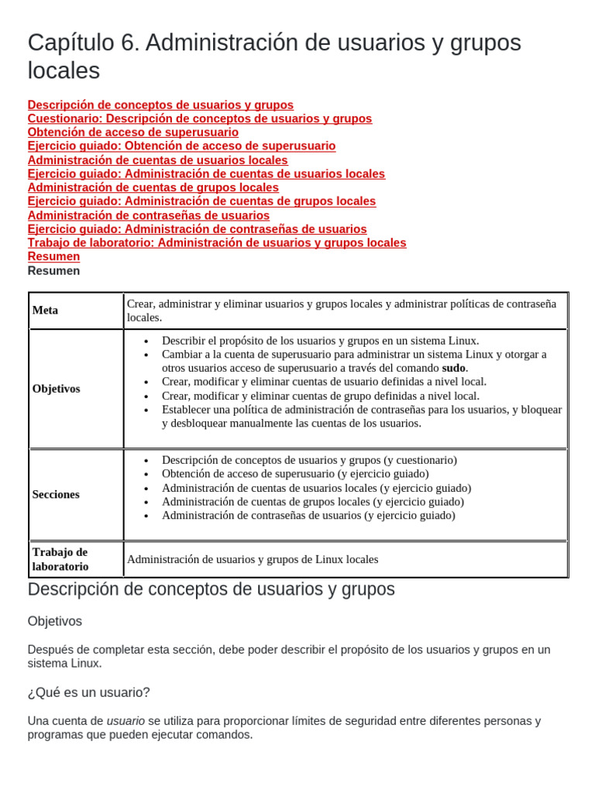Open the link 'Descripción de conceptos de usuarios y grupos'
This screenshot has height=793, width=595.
coord(160,105)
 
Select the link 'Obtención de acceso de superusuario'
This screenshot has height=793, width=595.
coord(132,132)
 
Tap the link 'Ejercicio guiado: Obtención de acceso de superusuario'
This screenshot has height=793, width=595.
coord(181,146)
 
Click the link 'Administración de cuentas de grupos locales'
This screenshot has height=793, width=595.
coord(153,187)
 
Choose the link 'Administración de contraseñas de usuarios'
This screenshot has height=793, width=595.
coord(148,215)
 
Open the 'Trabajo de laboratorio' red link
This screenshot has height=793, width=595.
coord(216,242)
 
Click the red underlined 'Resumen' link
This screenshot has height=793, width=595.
coord(53,256)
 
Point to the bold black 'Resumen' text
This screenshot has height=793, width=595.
coord(53,271)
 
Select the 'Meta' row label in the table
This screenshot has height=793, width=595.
coord(45,311)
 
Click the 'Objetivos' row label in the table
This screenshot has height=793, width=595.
coord(56,389)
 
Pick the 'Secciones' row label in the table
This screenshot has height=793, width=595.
coord(56,494)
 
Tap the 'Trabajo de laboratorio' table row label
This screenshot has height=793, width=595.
coord(60,559)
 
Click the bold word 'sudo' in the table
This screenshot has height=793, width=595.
coord(454,368)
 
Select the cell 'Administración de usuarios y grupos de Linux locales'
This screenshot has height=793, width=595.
coord(253,559)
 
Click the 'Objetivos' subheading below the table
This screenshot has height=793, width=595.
coord(54,621)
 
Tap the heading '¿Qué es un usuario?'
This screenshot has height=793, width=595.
coord(88,692)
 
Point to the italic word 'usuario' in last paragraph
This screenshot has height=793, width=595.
coord(126,721)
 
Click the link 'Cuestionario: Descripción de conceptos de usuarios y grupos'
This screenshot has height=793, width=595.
coord(199,118)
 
